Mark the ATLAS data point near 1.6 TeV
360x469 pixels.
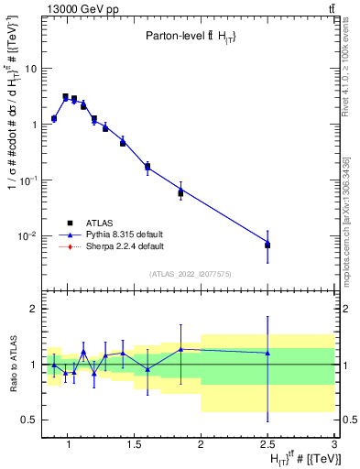pyautogui.click(x=147, y=167)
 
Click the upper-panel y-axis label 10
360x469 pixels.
pyautogui.click(x=30, y=69)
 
